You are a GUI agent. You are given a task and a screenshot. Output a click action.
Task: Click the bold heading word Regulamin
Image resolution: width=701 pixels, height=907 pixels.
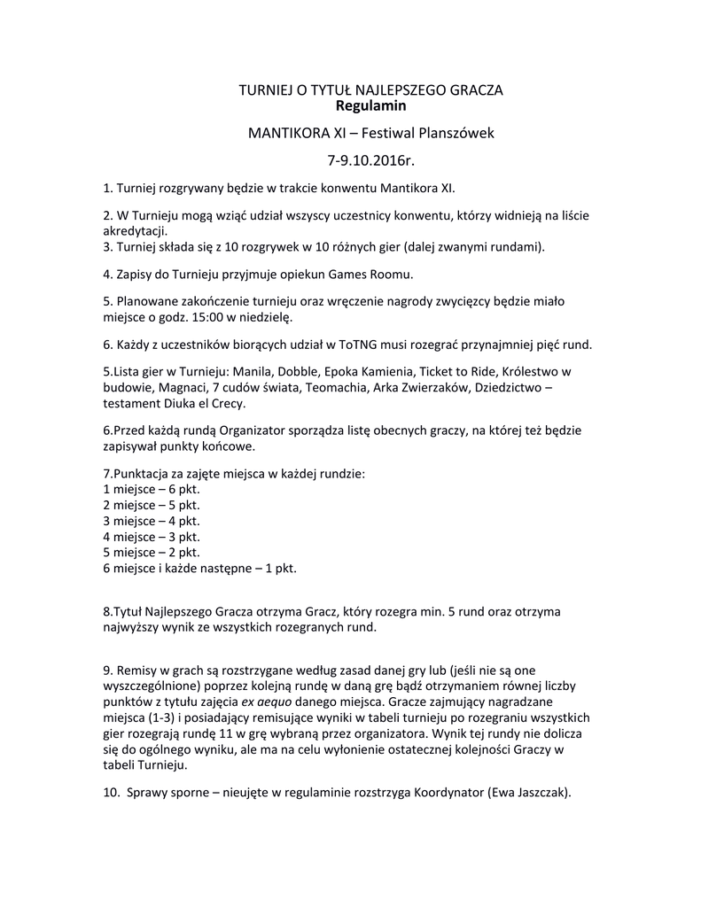click(x=370, y=106)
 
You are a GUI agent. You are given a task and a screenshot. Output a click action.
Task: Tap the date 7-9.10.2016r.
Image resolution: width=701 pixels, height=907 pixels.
click(x=370, y=160)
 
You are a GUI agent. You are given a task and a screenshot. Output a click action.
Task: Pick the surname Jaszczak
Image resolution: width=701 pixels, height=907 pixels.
click(x=539, y=793)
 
